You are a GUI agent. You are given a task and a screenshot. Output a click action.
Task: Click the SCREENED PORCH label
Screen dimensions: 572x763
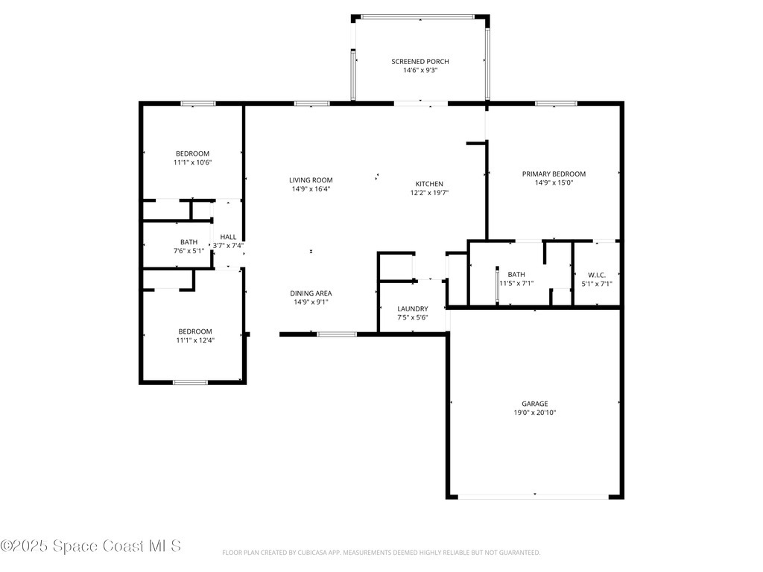[420, 61]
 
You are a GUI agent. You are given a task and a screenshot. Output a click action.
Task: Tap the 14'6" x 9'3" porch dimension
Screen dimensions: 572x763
[420, 71]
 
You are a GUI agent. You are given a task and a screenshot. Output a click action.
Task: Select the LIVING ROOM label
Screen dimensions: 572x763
[311, 179]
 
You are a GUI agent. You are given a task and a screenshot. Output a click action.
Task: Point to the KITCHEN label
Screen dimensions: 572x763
[429, 184]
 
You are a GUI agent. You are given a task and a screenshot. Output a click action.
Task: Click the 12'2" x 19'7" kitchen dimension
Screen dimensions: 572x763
[429, 193]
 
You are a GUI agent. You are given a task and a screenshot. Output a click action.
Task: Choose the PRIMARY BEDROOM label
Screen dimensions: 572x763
[554, 174]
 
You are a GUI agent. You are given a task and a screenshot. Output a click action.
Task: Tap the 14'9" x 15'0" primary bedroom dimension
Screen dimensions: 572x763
[554, 182]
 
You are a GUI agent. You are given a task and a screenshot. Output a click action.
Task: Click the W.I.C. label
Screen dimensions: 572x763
[596, 275]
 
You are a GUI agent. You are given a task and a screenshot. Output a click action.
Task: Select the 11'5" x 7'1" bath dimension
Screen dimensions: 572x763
[516, 284]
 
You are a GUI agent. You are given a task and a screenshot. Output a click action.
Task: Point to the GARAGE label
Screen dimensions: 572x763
[534, 404]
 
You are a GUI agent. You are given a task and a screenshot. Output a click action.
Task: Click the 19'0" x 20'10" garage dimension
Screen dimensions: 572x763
[534, 413]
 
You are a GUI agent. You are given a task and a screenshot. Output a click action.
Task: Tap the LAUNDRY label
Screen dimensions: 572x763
[412, 308]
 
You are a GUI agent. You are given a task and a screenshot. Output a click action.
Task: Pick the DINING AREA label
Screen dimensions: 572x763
[311, 293]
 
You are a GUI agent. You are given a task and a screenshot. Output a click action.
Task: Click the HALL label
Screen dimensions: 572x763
[228, 237]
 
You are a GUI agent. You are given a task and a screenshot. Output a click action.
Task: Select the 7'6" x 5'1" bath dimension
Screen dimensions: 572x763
[189, 251]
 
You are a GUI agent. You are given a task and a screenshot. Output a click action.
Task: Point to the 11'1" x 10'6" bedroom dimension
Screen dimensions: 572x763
[193, 162]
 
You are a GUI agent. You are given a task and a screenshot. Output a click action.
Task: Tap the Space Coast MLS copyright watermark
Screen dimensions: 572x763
[90, 546]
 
